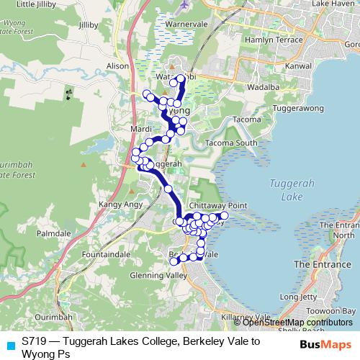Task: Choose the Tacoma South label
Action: click(x=231, y=143)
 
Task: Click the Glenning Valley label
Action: click(x=158, y=275)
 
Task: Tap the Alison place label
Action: click(x=117, y=65)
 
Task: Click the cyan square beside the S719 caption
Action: click(x=9, y=344)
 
